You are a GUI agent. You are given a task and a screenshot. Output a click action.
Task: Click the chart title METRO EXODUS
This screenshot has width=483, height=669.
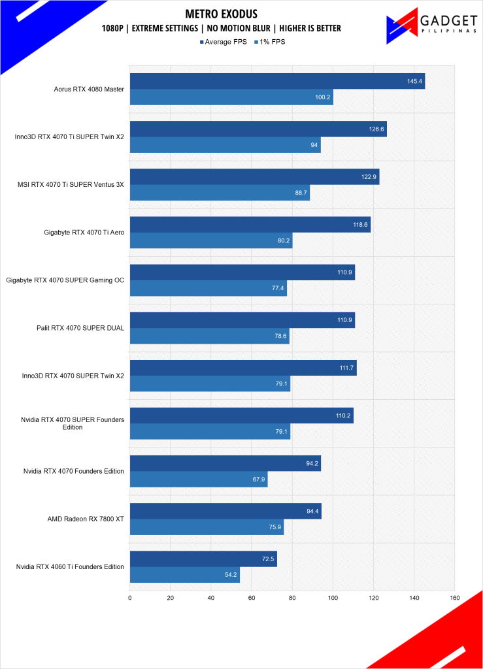(x=222, y=14)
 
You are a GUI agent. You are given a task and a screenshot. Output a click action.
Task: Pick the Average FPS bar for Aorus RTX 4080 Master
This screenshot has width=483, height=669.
(x=277, y=82)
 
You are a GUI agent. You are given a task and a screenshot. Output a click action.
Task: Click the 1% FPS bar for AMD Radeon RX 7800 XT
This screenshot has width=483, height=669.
(x=207, y=527)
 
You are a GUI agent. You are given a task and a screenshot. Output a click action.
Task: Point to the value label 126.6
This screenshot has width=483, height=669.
(x=376, y=129)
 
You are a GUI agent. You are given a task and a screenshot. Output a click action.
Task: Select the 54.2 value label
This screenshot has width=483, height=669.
(x=230, y=575)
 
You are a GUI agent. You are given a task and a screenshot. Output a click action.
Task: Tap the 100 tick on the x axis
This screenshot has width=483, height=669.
(x=333, y=597)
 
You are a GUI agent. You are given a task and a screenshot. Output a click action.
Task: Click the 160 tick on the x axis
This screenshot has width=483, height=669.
(x=455, y=597)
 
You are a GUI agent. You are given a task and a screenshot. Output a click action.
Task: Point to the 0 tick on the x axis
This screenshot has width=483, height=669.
(x=130, y=597)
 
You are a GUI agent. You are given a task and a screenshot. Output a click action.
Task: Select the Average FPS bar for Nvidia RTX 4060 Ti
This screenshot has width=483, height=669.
(x=203, y=559)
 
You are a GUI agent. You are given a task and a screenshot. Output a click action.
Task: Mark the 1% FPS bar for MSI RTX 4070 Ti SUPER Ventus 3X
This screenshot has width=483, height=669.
(x=220, y=193)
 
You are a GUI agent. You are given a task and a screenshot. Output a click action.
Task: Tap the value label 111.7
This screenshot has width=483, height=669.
(x=346, y=368)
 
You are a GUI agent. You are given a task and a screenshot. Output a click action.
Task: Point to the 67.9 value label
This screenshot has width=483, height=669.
(x=258, y=480)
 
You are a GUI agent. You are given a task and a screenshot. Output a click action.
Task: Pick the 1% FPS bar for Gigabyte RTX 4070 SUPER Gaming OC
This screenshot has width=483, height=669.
(x=208, y=288)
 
